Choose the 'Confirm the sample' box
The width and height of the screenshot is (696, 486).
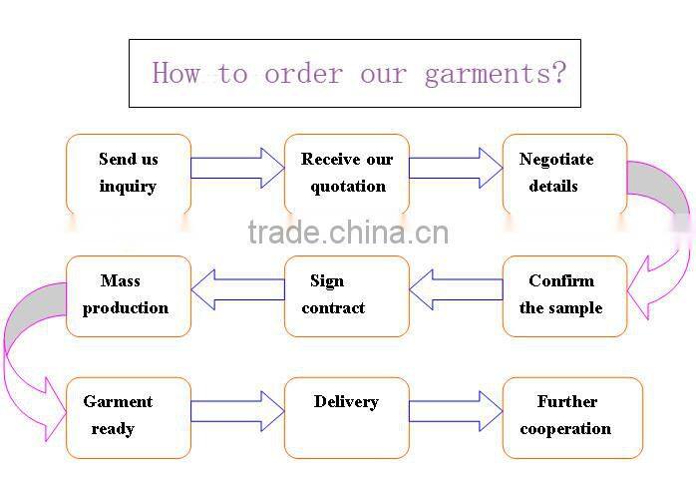564,295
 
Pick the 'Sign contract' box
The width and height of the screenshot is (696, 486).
347,295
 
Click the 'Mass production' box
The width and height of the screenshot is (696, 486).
128,295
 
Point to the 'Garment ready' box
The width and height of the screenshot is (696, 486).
128,417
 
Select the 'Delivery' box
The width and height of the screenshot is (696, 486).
347,417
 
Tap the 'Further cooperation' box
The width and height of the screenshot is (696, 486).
572,417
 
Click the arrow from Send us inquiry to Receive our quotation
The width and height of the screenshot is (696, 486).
237,168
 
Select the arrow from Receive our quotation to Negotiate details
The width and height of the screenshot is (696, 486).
456,168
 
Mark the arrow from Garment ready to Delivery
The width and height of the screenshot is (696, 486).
237,411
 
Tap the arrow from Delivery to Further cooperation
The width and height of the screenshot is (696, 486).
456,411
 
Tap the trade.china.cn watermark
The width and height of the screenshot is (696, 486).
348,234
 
